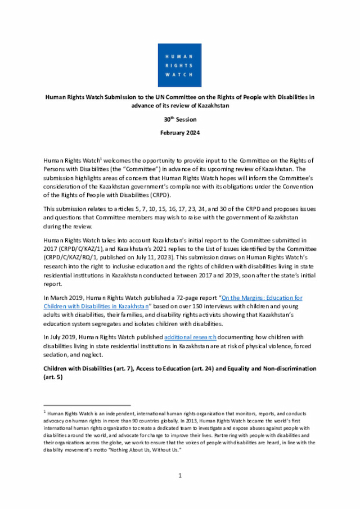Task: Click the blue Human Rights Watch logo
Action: pos(179,65)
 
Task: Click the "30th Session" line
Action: pos(179,119)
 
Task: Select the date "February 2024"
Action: pos(179,133)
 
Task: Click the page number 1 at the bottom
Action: pos(180,476)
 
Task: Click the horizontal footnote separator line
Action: pos(87,404)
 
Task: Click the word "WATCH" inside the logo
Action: pos(179,74)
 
